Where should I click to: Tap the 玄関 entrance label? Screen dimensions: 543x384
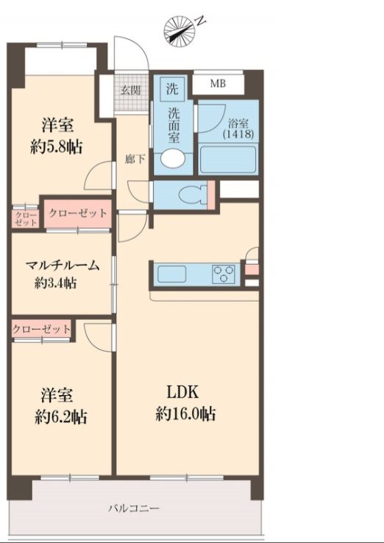[x=132, y=90]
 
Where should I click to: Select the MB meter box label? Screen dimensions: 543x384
[x=218, y=83]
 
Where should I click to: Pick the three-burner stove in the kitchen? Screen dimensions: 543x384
[x=224, y=274]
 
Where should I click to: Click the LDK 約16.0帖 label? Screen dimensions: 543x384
[x=185, y=402]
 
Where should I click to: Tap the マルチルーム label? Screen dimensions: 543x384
[x=62, y=266]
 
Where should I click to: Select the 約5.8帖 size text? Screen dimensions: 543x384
[x=56, y=146]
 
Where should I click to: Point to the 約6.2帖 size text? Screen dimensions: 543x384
[x=61, y=416]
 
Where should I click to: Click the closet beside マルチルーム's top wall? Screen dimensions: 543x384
[x=77, y=213]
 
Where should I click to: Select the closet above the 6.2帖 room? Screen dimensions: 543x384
[x=42, y=329]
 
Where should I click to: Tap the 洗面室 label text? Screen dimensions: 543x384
[x=174, y=126]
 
